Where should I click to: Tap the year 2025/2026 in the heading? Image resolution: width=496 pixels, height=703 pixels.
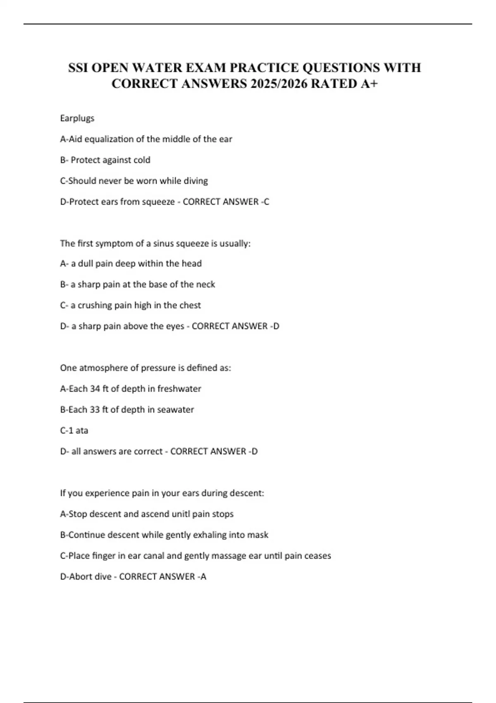click(277, 84)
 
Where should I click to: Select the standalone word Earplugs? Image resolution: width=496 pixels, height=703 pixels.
click(77, 118)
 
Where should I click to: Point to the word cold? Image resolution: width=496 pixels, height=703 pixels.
click(142, 160)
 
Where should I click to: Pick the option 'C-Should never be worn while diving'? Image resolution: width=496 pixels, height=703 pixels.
click(134, 181)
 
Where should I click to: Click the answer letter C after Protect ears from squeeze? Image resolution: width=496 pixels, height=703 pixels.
click(267, 202)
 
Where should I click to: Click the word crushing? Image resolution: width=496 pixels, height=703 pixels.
click(95, 305)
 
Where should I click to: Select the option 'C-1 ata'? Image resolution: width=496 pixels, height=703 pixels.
click(74, 430)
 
